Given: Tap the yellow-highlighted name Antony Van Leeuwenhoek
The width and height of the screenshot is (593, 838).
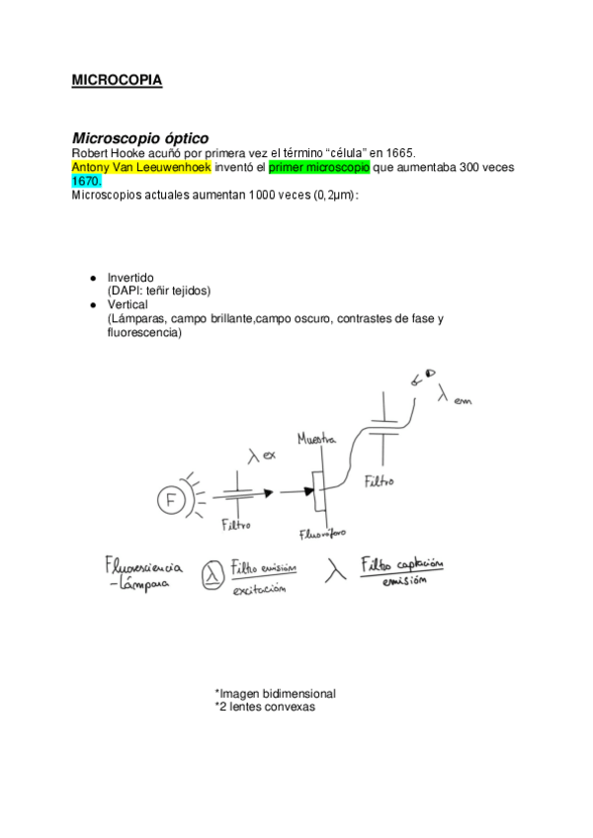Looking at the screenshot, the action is (x=141, y=167).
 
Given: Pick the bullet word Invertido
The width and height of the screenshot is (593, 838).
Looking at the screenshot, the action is (x=130, y=278).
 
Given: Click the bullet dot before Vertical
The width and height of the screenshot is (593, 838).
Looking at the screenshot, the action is (x=92, y=305).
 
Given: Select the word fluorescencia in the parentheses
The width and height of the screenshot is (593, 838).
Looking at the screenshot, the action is (x=143, y=333).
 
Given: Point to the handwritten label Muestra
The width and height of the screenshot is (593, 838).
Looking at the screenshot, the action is (x=316, y=436).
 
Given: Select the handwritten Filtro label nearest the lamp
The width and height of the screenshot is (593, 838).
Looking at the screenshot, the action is (x=238, y=524).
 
